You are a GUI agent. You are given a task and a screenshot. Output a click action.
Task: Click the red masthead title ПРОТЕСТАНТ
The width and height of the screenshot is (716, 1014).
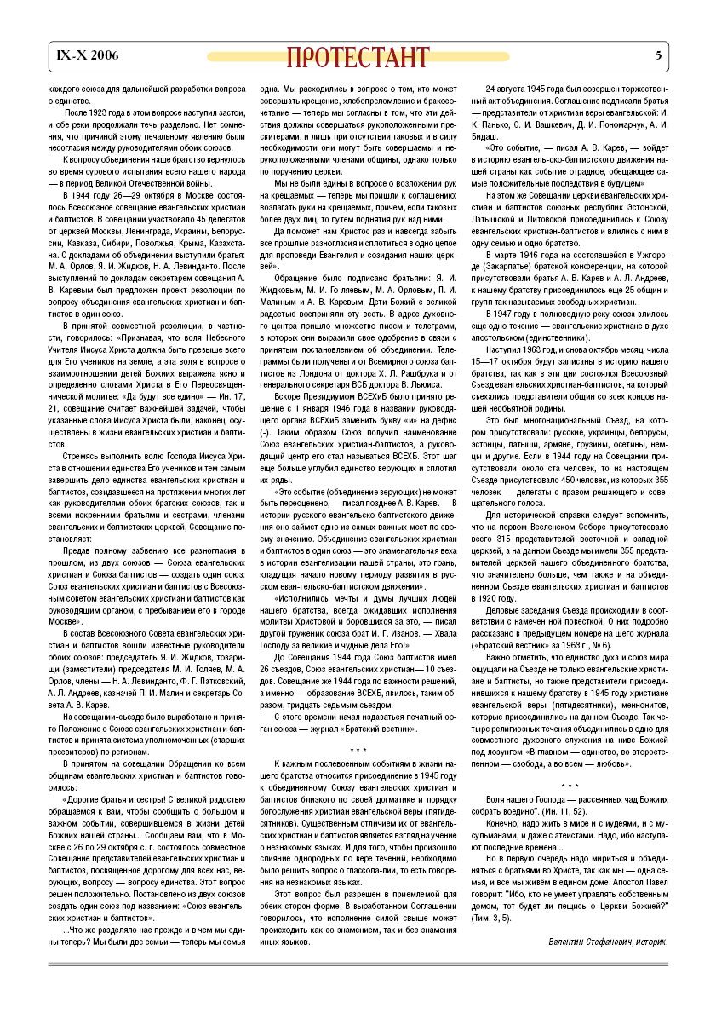click(357, 57)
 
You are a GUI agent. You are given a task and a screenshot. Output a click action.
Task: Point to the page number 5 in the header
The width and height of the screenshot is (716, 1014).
click(658, 56)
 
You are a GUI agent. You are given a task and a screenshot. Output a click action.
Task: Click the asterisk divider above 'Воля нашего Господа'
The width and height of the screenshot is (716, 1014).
click(570, 786)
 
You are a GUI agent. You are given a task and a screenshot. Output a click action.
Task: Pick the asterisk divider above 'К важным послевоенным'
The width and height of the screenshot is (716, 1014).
click(358, 727)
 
